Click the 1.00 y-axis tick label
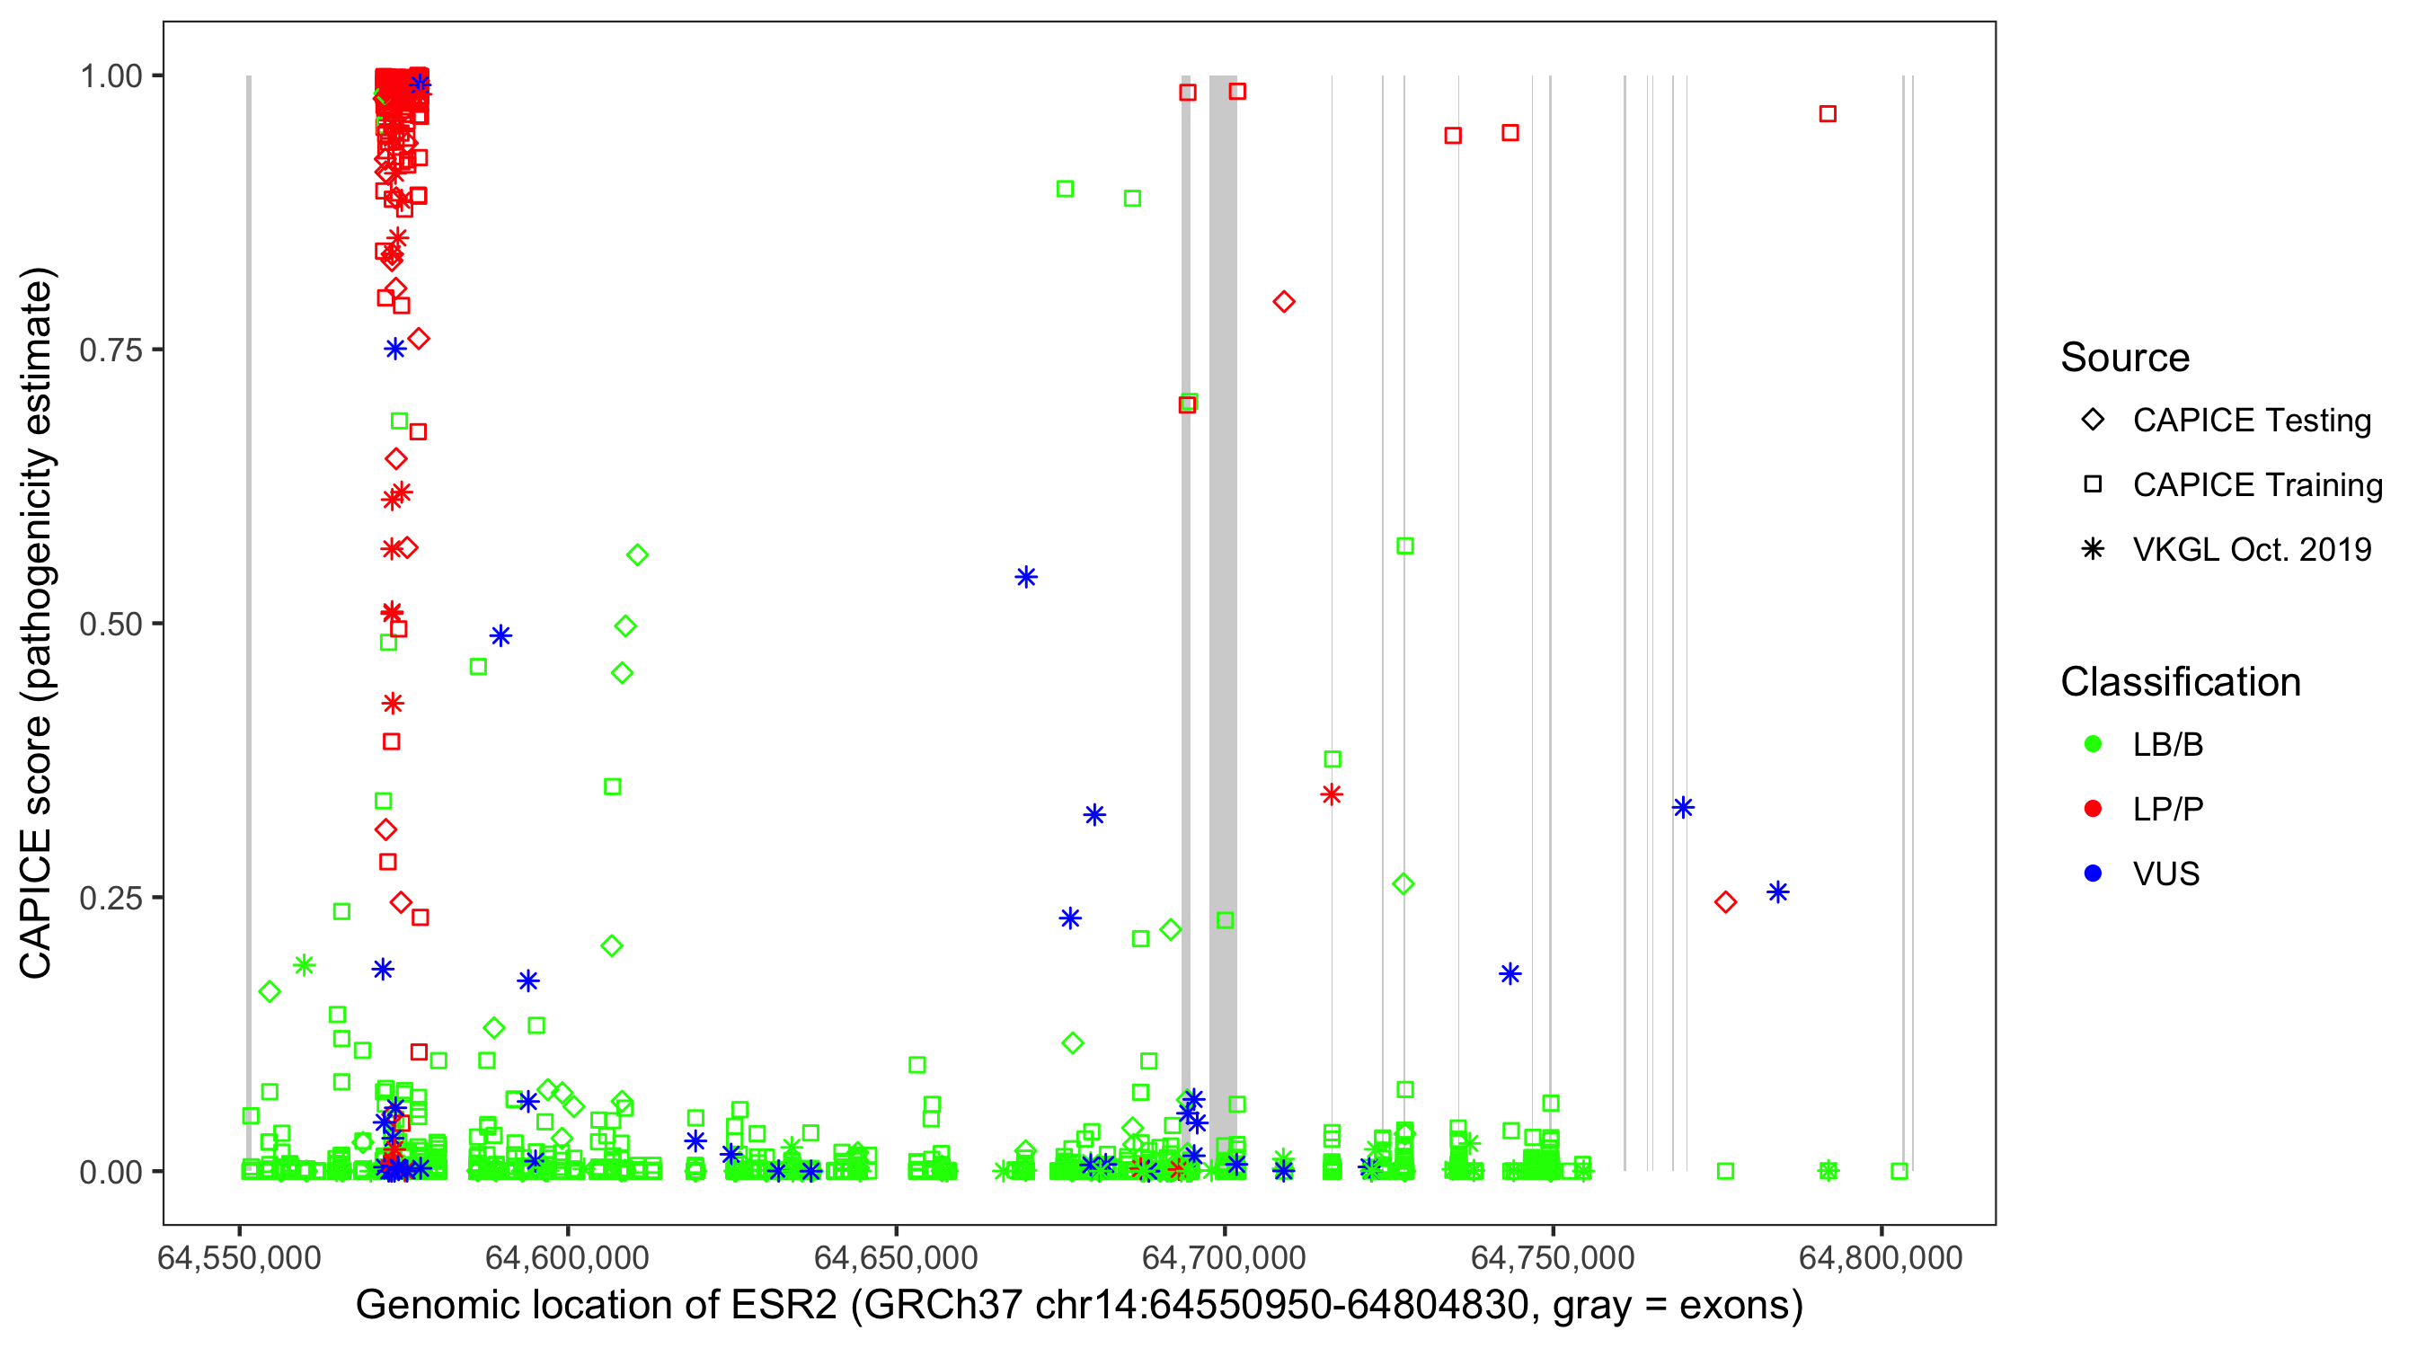click(x=111, y=76)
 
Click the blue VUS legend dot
click(x=2093, y=874)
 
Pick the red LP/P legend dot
click(x=2093, y=808)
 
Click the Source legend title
click(x=2125, y=358)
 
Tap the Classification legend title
click(x=2180, y=682)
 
